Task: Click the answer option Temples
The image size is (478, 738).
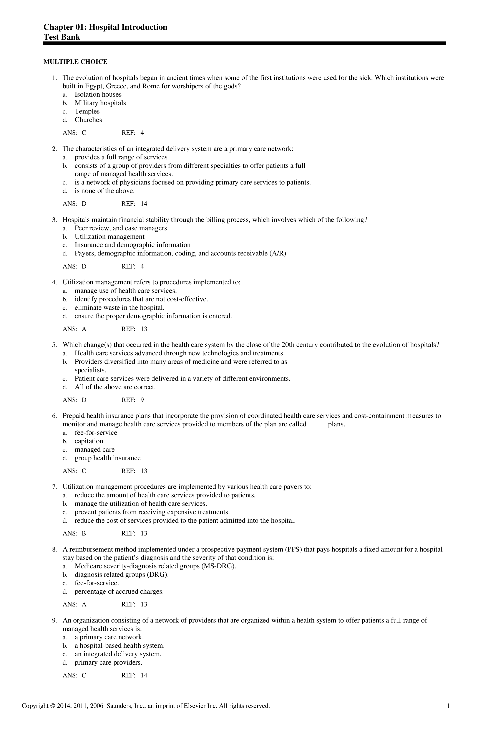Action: pyautogui.click(x=87, y=111)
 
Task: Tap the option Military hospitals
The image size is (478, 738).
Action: pyautogui.click(x=100, y=103)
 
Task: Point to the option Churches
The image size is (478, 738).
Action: pyautogui.click(x=88, y=120)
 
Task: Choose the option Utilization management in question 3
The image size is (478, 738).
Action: pyautogui.click(x=109, y=237)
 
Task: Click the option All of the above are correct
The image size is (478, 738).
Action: pyautogui.click(x=115, y=387)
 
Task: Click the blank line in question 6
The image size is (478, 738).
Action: pyautogui.click(x=317, y=425)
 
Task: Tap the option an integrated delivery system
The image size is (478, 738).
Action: pyautogui.click(x=118, y=654)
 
